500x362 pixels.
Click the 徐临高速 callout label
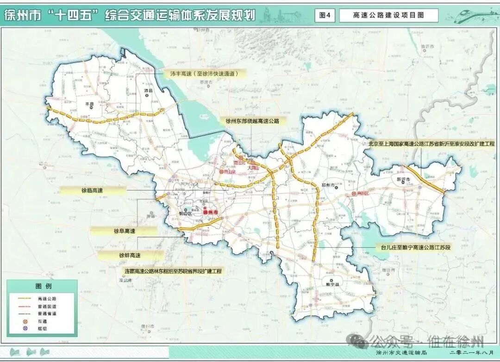pos(92,190)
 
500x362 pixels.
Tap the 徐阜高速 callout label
pos(124,231)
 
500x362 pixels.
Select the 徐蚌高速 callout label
pos(130,255)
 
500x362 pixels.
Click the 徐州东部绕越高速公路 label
pos(252,121)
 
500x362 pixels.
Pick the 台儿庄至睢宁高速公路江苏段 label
pos(413,247)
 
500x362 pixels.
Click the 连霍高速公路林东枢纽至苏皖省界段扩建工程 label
pos(173,271)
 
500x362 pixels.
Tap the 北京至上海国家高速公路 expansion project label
pos(431,144)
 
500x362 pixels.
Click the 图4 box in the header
pos(325,15)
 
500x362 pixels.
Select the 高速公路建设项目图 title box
pos(388,15)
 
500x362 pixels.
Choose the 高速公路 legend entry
pos(50,299)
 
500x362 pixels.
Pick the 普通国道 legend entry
pos(50,306)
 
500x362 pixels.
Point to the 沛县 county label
pos(148,90)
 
